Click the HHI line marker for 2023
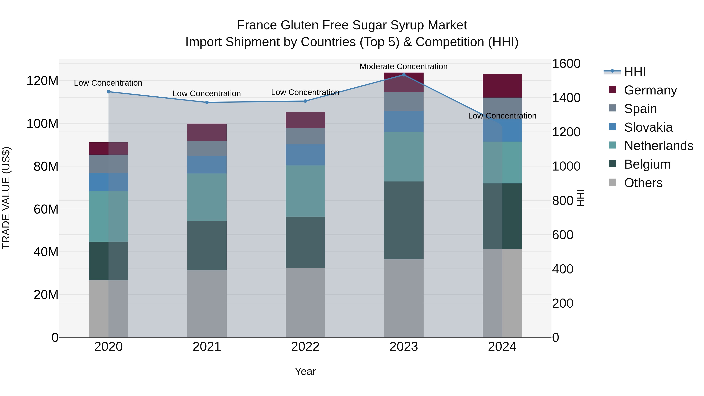pos(404,75)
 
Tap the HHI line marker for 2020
pos(109,92)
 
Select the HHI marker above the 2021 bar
pos(207,102)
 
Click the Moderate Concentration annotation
pos(403,67)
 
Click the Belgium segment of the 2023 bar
pos(404,220)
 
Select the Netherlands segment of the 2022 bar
pos(305,191)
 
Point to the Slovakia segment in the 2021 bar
pos(207,164)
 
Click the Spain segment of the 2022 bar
pos(305,136)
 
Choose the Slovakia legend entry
pos(648,127)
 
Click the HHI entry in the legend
pos(635,72)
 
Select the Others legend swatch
pos(612,182)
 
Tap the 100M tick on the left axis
pos(42,124)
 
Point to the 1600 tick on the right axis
pos(566,64)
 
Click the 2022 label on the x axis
pos(305,347)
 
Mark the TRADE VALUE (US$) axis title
pos(6,198)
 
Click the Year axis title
pos(305,371)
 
